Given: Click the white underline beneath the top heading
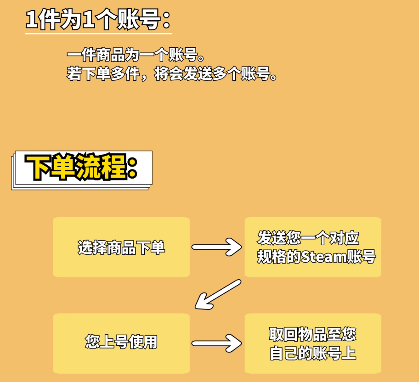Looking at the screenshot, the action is click(98, 33).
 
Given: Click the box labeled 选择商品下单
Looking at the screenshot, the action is click(121, 247).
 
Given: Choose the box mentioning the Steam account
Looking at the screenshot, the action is click(312, 247).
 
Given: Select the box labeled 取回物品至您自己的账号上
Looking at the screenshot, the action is click(312, 343).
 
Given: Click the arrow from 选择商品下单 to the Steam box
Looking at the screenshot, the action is click(216, 247).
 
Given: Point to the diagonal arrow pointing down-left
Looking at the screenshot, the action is click(218, 294).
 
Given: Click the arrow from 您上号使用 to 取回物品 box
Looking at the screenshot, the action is click(216, 343).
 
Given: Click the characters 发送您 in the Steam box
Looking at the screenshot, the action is click(276, 238).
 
